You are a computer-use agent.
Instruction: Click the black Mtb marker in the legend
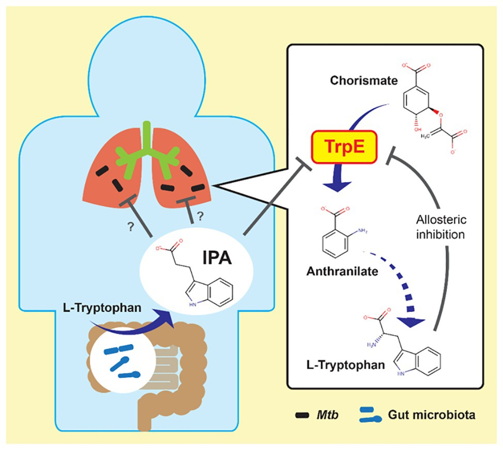pos(301,414)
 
